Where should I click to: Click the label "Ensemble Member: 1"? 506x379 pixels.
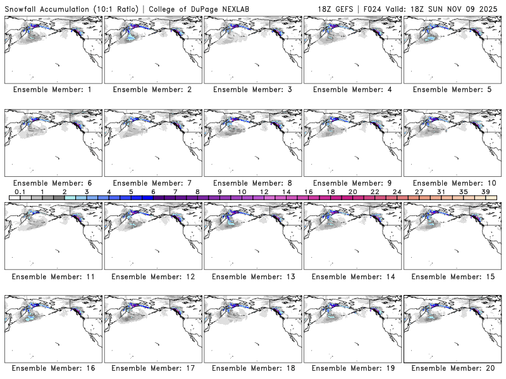tap(52, 90)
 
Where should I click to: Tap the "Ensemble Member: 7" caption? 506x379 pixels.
tap(152, 183)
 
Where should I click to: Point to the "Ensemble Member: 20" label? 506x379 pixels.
tap(452, 368)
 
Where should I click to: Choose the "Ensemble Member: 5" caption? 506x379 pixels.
tap(452, 90)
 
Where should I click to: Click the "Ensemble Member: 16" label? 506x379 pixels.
tap(52, 368)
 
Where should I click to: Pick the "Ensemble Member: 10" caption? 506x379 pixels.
tap(452, 183)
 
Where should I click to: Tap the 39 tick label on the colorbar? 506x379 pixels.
tap(484, 191)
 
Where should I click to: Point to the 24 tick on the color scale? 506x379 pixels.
tap(397, 191)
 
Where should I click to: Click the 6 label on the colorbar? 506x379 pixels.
tap(153, 191)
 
